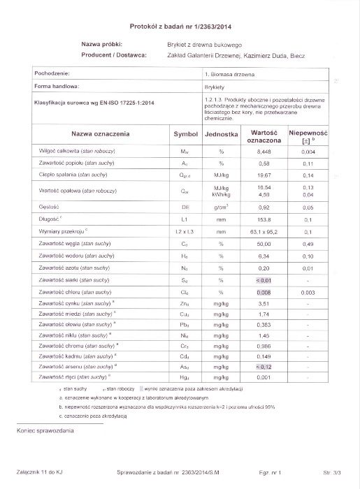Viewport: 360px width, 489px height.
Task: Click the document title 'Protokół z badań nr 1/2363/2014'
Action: tap(180, 25)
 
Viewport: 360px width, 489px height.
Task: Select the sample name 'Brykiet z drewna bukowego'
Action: tap(204, 43)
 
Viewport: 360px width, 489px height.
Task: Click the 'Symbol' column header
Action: tap(185, 133)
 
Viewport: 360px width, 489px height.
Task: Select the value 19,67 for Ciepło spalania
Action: tap(264, 176)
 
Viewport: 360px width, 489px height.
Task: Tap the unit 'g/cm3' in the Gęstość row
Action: tap(221, 207)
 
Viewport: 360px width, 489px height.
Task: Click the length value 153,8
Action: tap(264, 219)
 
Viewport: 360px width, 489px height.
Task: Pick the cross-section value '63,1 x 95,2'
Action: tap(264, 231)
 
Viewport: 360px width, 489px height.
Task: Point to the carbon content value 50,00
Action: tap(264, 244)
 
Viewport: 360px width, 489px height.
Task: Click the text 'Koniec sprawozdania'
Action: tap(45, 430)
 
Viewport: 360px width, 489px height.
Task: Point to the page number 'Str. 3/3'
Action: tap(333, 473)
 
